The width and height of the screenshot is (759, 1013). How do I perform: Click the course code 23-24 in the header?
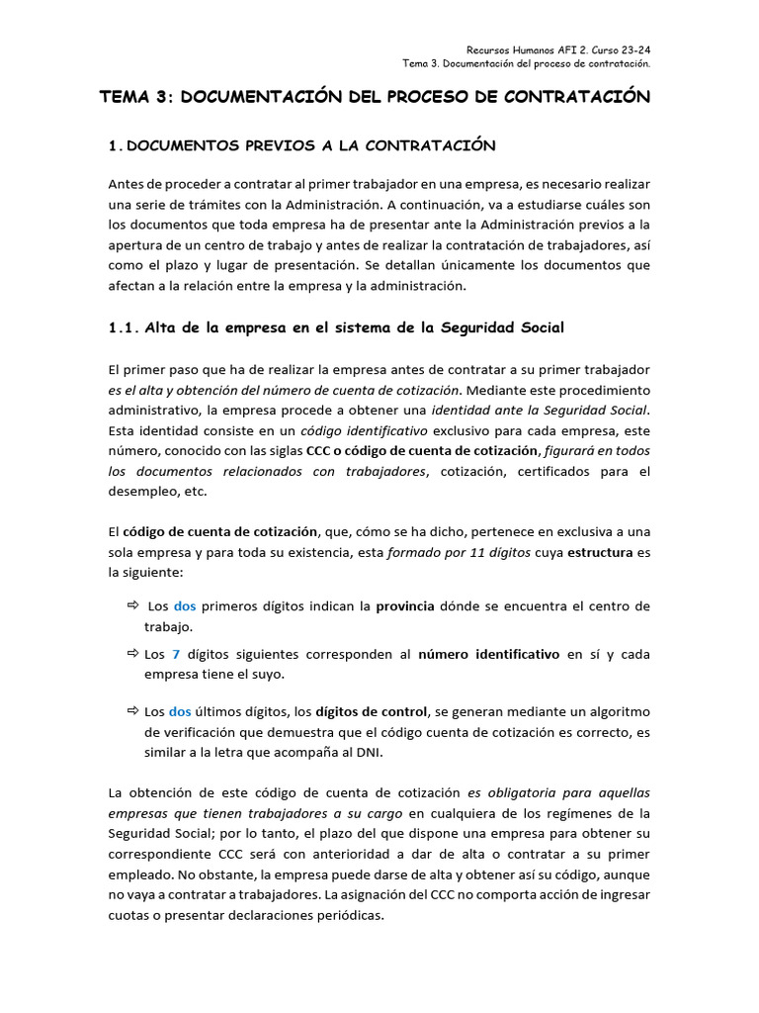pos(632,49)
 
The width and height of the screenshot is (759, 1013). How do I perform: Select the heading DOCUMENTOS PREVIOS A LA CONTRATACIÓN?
pos(311,145)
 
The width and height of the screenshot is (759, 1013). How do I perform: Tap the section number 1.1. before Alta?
pos(124,327)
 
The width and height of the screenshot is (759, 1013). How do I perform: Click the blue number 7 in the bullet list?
pos(176,654)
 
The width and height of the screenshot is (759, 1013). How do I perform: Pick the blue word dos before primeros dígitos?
pos(185,605)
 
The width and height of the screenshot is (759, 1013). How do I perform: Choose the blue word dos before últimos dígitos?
pos(180,711)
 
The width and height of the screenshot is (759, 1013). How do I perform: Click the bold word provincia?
pos(405,605)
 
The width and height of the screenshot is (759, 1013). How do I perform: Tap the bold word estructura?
pos(600,552)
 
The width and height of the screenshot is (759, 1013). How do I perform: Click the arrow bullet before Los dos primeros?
pos(133,605)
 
